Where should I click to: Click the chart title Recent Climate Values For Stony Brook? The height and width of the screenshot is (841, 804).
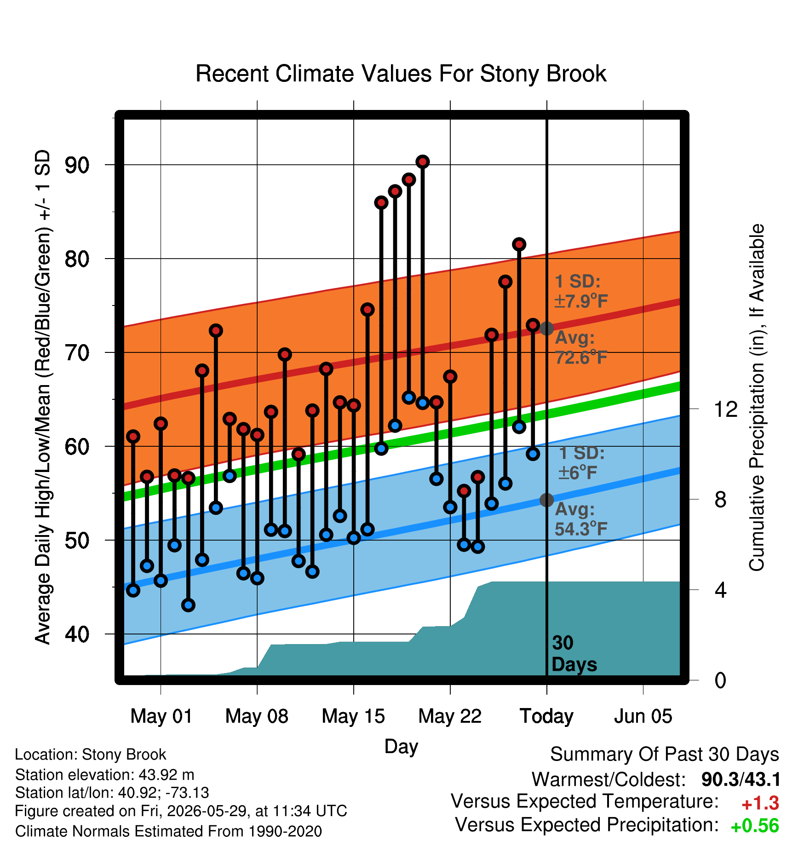tap(401, 74)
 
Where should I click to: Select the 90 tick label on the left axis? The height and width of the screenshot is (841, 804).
tap(77, 165)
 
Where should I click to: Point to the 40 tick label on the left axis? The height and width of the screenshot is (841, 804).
tap(77, 634)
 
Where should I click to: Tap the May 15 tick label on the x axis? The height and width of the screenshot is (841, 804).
tap(353, 716)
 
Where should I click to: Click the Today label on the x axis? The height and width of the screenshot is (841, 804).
tap(546, 716)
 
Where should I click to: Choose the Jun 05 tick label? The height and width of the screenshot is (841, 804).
tap(643, 716)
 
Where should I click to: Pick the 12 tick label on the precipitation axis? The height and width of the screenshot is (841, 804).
tap(725, 409)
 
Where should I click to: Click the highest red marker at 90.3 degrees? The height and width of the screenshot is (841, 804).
tap(423, 161)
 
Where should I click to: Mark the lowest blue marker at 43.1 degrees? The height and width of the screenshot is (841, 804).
tap(188, 605)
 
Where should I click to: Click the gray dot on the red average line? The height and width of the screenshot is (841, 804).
tap(546, 328)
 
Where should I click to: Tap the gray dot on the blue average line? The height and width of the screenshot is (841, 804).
tap(546, 500)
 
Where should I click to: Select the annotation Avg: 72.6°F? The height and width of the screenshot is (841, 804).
tap(581, 347)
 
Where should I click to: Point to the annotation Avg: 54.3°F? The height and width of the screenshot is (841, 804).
tap(581, 519)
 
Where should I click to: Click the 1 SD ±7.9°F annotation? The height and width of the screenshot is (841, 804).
tap(581, 291)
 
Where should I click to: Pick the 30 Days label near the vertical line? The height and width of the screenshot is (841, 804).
tap(574, 654)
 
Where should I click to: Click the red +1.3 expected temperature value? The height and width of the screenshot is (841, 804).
tap(760, 804)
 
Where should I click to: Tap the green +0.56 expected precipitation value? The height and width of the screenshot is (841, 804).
tap(755, 826)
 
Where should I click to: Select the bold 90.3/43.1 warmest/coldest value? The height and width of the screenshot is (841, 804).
tap(741, 780)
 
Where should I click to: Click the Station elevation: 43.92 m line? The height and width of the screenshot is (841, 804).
tap(105, 775)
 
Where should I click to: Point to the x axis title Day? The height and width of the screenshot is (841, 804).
tap(401, 746)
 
